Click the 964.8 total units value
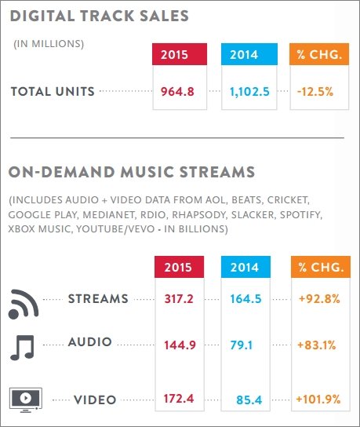[x=177, y=92]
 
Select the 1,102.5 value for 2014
[x=249, y=92]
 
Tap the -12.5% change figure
[x=315, y=92]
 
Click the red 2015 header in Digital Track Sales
[x=180, y=54]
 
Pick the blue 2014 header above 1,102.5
[x=249, y=54]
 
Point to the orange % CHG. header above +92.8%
[x=321, y=267]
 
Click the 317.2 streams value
[x=179, y=299]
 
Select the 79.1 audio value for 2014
[x=242, y=345]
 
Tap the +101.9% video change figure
[x=318, y=400]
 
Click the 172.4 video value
[x=179, y=399]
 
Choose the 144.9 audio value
[x=180, y=345]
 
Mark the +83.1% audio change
[x=317, y=345]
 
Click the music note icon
[x=22, y=348]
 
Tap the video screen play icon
[x=26, y=400]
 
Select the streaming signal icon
[x=24, y=304]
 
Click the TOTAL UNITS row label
[x=53, y=92]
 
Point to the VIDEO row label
[x=95, y=400]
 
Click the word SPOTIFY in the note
[x=301, y=215]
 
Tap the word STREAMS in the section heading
[x=217, y=172]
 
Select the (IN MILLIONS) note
[x=49, y=44]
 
